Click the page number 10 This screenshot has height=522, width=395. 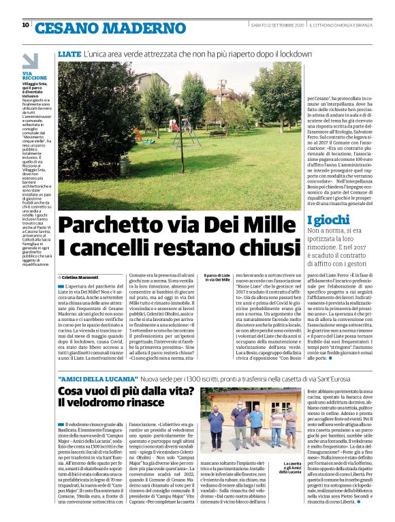[26, 25]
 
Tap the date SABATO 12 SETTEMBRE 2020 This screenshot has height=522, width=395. [276, 25]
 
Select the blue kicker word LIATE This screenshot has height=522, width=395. [69, 53]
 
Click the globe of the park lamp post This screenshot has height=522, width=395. [178, 102]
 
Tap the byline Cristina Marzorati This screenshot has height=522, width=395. [81, 277]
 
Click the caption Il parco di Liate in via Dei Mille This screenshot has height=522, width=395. [217, 278]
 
